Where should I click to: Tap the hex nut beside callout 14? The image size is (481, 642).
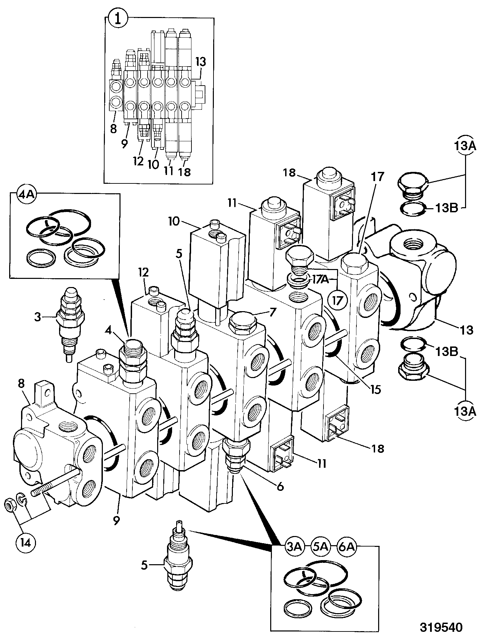pos(9,506)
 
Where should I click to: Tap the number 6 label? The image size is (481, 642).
pos(280,486)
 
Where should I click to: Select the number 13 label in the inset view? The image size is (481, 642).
pos(200,62)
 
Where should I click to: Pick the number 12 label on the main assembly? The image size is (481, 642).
pos(144,272)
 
